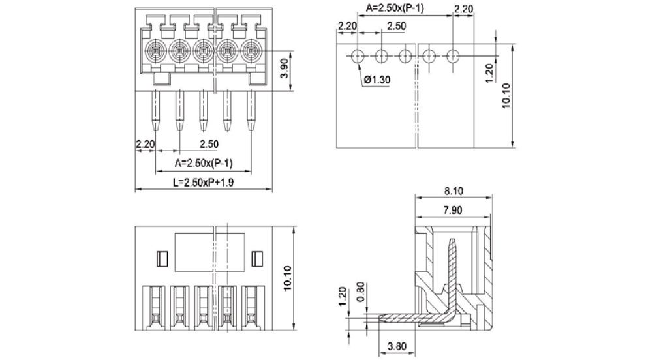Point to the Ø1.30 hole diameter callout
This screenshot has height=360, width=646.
(x=377, y=80)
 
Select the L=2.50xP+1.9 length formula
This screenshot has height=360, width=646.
(x=203, y=183)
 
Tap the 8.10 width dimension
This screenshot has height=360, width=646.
(x=454, y=191)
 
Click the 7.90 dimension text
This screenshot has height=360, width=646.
(x=454, y=209)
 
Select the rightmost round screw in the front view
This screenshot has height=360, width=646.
(x=251, y=50)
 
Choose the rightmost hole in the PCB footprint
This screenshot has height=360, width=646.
(x=453, y=56)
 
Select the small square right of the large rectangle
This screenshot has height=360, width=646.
(x=256, y=259)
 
